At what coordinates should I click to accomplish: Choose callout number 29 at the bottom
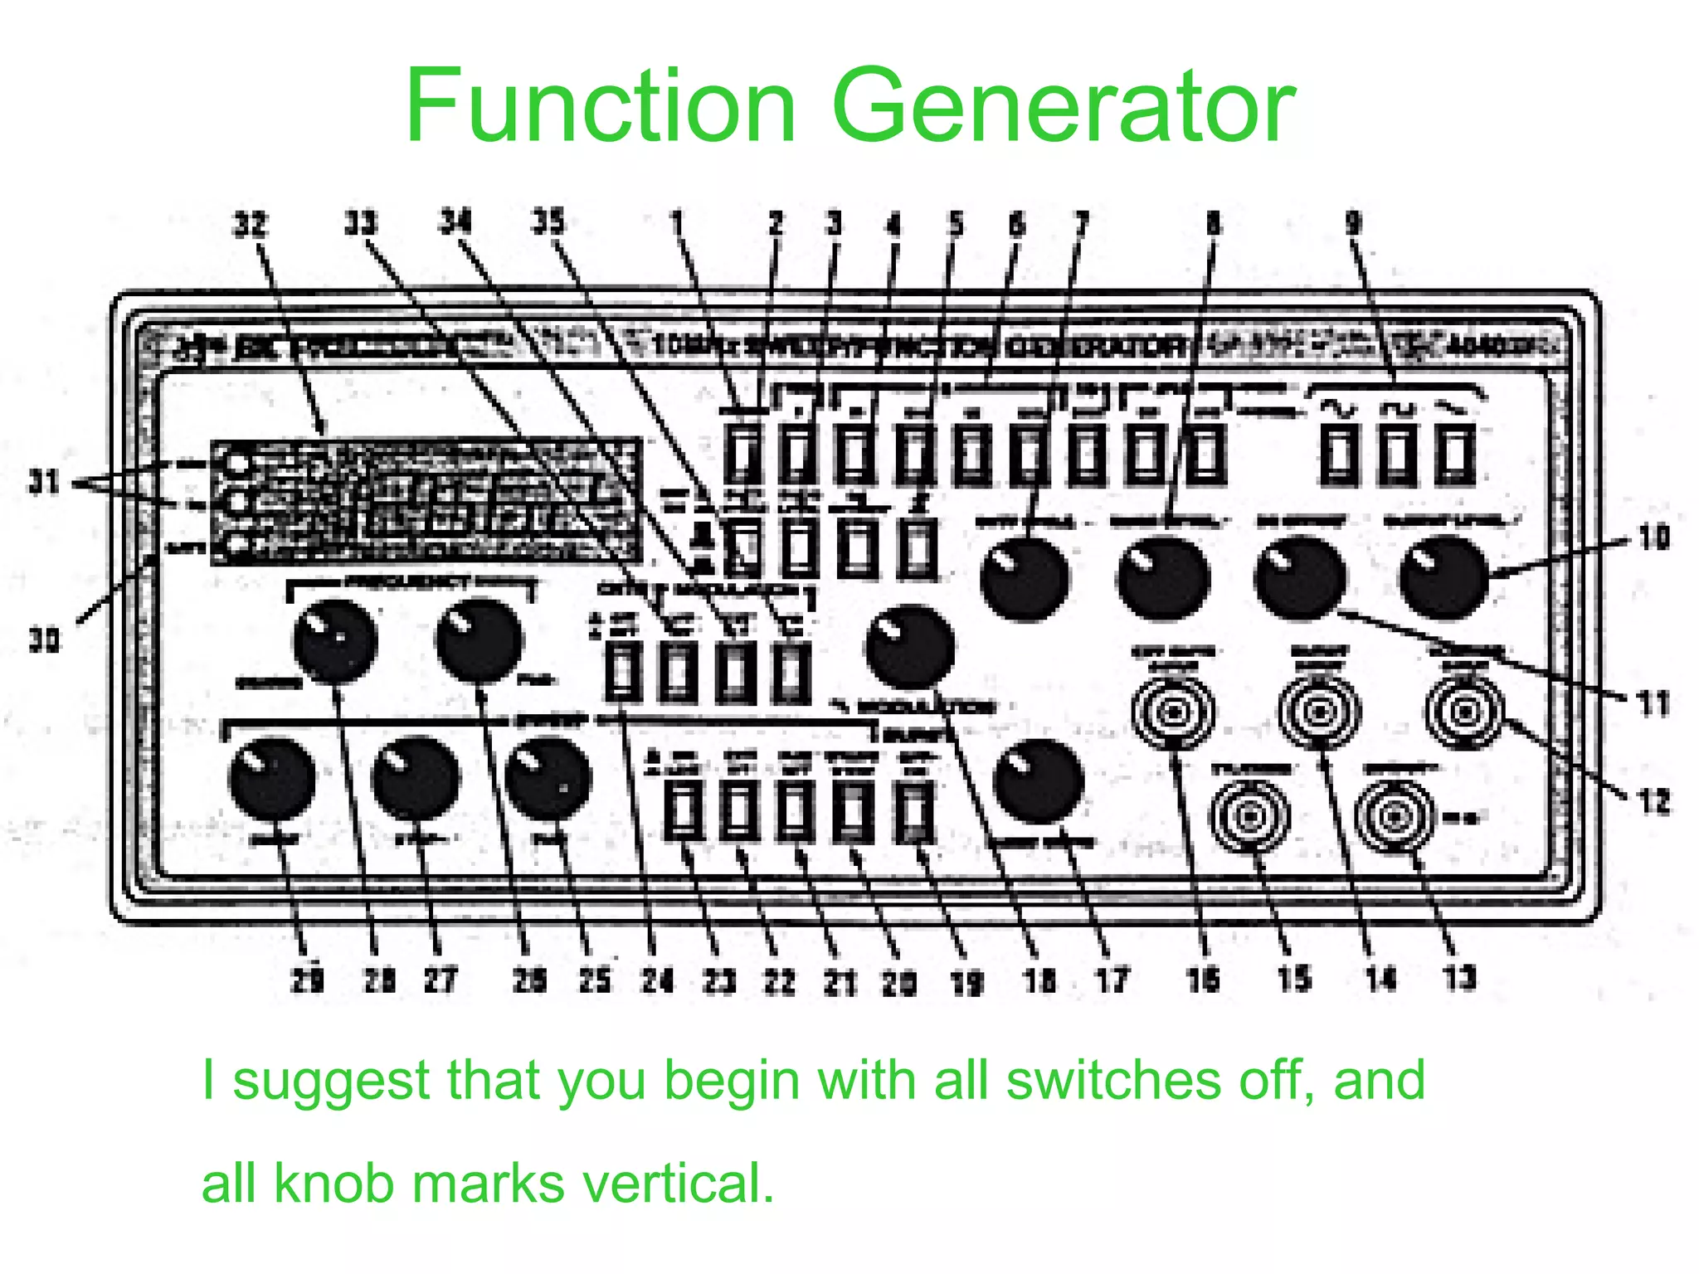307,980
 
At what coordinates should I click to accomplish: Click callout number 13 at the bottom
1459,978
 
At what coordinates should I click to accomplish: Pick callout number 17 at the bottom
1112,980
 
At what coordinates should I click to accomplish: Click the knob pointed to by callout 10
1443,578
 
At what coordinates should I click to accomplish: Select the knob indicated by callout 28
335,641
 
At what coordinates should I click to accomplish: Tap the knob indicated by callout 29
271,779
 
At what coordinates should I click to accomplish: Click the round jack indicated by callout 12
1464,712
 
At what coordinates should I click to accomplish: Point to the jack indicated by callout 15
1249,816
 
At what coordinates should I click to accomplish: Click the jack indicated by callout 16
1173,712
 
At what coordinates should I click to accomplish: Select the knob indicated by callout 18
910,648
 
